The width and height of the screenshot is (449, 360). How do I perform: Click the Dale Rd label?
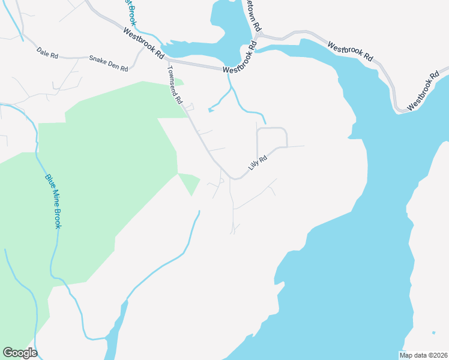point(47,53)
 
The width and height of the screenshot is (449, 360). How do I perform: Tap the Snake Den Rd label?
point(109,64)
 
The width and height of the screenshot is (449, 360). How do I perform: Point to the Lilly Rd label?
point(256,161)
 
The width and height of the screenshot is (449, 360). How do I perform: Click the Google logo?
point(20,353)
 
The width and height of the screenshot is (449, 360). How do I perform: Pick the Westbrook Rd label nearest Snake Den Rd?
point(143,43)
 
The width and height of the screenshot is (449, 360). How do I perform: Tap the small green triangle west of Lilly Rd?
point(190,182)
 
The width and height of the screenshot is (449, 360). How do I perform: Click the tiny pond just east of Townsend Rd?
point(210,110)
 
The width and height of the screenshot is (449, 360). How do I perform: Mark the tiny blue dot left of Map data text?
point(433,332)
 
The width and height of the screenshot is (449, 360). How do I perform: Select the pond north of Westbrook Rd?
point(228,30)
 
